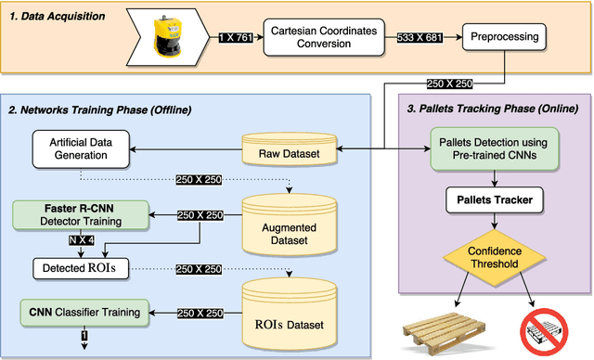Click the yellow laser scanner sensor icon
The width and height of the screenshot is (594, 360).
179,38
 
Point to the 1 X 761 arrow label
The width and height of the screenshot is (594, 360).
239,38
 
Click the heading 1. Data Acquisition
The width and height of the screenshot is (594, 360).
58,17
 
